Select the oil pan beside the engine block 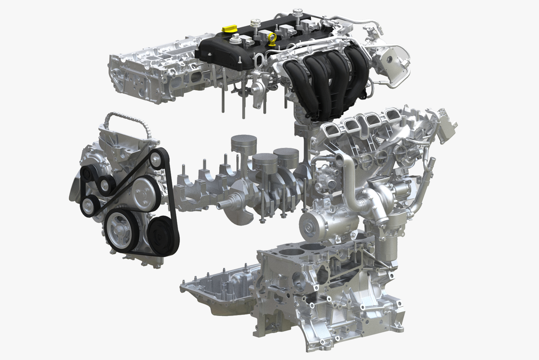219,288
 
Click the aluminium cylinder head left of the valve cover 153,73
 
